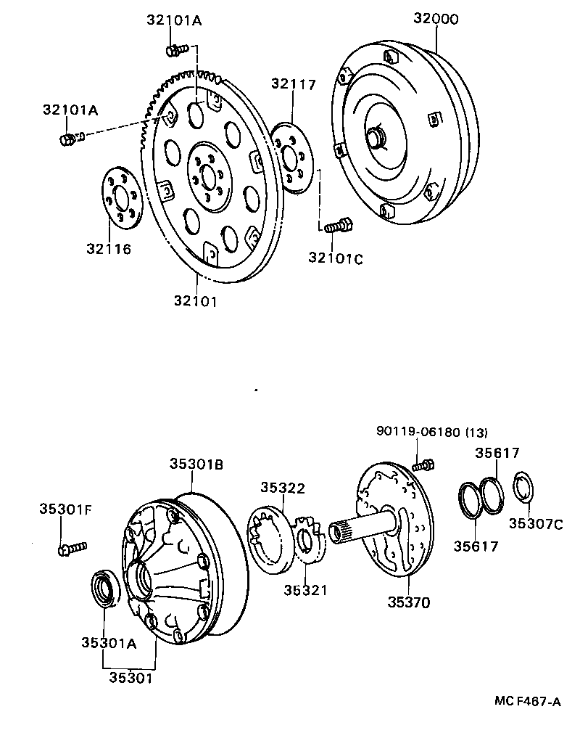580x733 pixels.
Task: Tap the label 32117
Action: click(294, 84)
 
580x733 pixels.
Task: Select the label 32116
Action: click(109, 249)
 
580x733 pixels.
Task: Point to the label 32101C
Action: click(335, 258)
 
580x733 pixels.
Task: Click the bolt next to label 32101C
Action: click(338, 226)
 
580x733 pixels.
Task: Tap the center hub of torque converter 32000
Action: click(377, 137)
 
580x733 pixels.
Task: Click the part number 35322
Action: click(283, 488)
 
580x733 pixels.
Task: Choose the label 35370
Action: click(408, 602)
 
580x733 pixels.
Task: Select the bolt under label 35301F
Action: click(72, 548)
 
